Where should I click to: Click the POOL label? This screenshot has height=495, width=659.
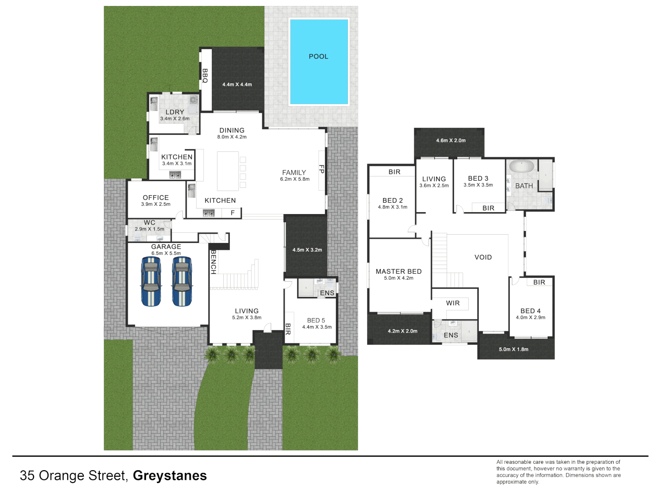click(x=319, y=56)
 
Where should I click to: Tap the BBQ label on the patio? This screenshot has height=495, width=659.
click(x=205, y=76)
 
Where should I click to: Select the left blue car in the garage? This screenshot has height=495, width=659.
click(x=151, y=281)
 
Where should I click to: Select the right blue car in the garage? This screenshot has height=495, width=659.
click(x=182, y=281)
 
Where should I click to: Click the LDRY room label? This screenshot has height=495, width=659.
click(x=175, y=112)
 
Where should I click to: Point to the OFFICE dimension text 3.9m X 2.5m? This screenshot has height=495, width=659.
click(x=156, y=204)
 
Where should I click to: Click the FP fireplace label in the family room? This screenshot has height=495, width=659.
click(x=322, y=169)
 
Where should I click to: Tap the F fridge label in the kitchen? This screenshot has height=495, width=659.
click(x=232, y=213)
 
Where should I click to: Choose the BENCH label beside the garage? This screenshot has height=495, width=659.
click(x=213, y=262)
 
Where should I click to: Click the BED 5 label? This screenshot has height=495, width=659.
click(x=316, y=320)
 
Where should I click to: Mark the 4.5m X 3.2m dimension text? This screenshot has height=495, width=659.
click(x=307, y=250)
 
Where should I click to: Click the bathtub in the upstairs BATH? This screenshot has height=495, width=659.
click(x=522, y=166)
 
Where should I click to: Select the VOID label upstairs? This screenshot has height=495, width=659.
click(x=483, y=257)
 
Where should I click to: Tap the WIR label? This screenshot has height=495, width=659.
click(x=453, y=303)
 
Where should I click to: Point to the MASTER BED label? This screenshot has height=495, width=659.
click(x=399, y=271)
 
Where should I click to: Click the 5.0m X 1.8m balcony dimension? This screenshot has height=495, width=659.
click(x=513, y=349)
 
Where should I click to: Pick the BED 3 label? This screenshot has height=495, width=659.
click(x=478, y=178)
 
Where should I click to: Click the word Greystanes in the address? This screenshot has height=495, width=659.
click(x=170, y=476)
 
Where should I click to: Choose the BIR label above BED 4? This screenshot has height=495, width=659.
click(x=539, y=282)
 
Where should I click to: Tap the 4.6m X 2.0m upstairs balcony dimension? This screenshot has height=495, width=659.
click(x=451, y=140)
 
